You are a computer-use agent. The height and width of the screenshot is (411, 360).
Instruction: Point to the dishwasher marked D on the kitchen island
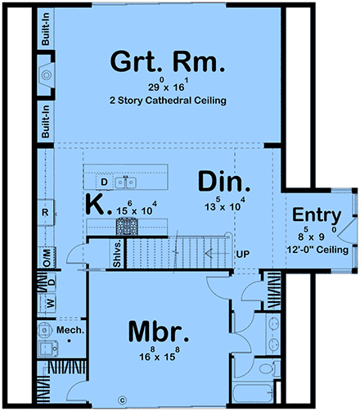104,181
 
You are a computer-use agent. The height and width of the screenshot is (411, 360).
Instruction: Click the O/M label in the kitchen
45,257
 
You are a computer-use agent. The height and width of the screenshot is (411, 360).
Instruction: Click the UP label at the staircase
242,255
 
